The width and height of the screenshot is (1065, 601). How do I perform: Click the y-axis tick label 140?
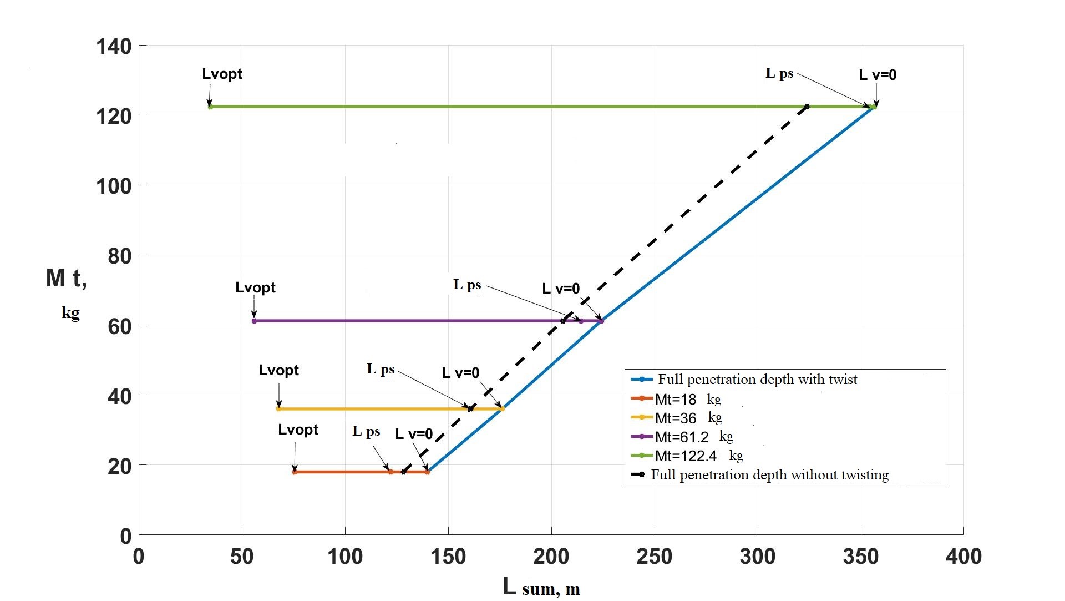(114, 46)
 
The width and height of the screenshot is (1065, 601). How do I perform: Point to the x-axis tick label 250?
(654, 556)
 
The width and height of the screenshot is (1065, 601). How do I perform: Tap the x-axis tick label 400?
(963, 556)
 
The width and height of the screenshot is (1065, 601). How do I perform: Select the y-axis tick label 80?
(119, 256)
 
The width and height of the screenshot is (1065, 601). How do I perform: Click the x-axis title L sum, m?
(541, 587)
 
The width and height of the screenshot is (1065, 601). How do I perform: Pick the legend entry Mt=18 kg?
(688, 399)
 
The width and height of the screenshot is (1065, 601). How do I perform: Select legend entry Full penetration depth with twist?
(757, 380)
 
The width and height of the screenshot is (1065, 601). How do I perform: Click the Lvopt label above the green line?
(222, 74)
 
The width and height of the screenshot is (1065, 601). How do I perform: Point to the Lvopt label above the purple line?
(255, 287)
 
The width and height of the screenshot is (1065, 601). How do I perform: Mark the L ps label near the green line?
(779, 73)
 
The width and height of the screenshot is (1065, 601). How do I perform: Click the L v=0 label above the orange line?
(414, 434)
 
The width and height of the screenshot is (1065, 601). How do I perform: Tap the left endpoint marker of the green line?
(210, 107)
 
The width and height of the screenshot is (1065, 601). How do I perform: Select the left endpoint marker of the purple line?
(254, 321)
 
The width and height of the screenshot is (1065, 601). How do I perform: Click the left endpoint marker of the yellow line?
(278, 409)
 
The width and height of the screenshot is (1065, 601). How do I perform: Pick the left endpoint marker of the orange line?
(295, 472)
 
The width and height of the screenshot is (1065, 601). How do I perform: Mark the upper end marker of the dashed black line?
(807, 107)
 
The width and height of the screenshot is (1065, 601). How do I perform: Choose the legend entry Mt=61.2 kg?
(694, 437)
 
